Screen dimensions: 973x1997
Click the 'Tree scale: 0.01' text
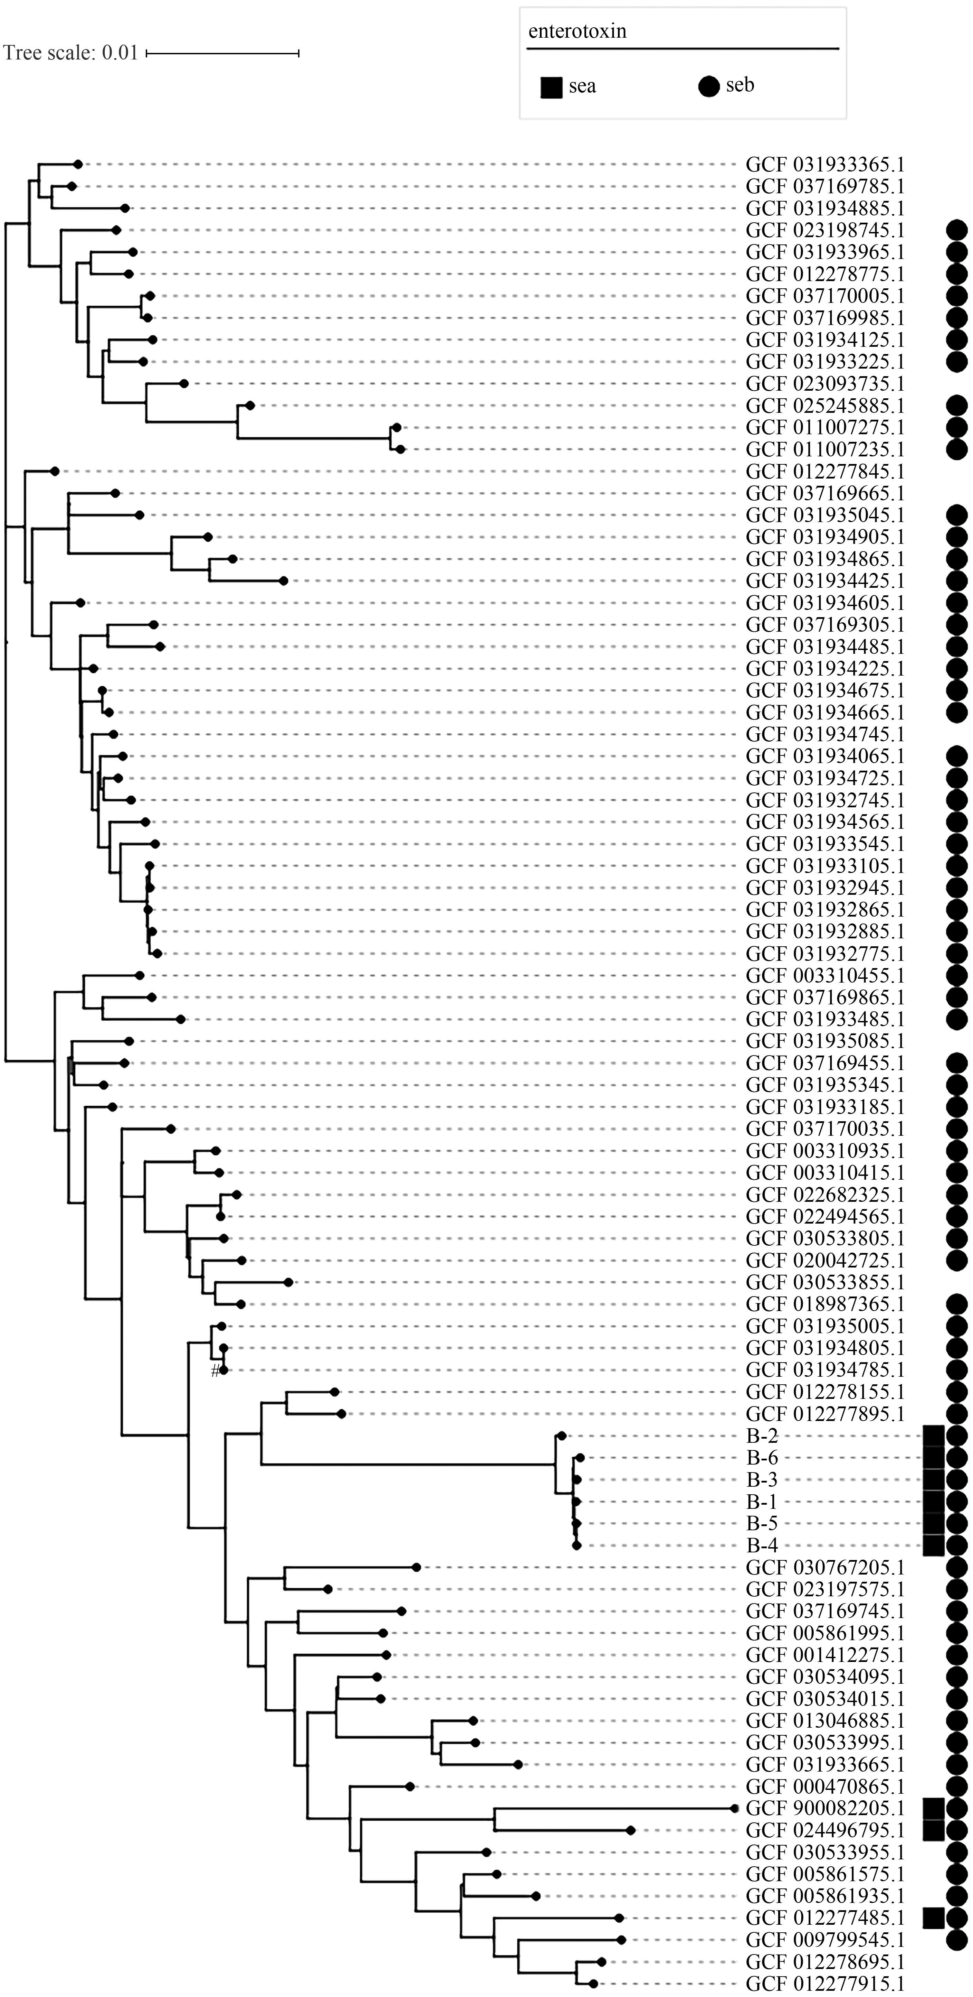70,53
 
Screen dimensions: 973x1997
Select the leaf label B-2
762,1436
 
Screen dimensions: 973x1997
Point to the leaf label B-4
762,1545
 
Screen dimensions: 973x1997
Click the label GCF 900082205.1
825,1809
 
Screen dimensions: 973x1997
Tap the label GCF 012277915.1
825,1984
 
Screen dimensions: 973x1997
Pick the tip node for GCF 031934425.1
284,580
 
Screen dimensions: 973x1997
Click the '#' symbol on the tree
216,1372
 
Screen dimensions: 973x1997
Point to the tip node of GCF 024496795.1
631,1830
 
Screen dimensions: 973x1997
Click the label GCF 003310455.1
825,975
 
